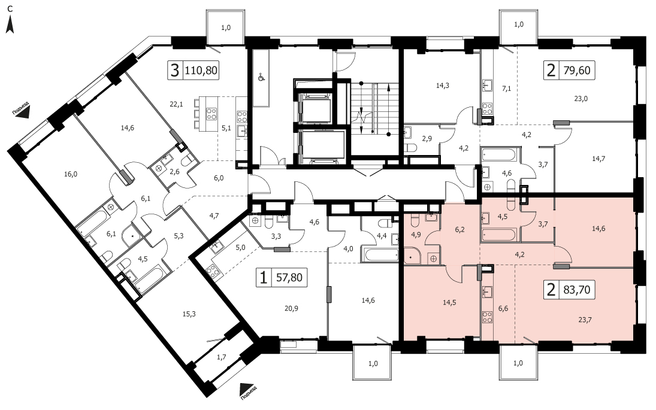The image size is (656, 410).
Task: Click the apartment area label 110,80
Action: pyautogui.click(x=201, y=70)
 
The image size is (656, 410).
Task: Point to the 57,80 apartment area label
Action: pyautogui.click(x=289, y=277)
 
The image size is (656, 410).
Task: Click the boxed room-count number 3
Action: pyautogui.click(x=176, y=70)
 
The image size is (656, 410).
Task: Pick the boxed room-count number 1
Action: pyautogui.click(x=264, y=277)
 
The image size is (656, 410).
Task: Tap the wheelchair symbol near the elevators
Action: pyautogui.click(x=261, y=77)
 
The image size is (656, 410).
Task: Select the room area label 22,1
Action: pyautogui.click(x=176, y=105)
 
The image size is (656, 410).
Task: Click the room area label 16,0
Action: pyautogui.click(x=71, y=175)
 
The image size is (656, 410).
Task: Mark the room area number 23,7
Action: pyautogui.click(x=585, y=320)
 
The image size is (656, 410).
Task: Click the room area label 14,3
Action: pyautogui.click(x=443, y=86)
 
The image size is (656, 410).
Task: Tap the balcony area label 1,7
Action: pyautogui.click(x=222, y=357)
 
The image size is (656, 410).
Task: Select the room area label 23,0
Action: pyautogui.click(x=581, y=99)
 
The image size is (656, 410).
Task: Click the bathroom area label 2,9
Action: pyautogui.click(x=427, y=139)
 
